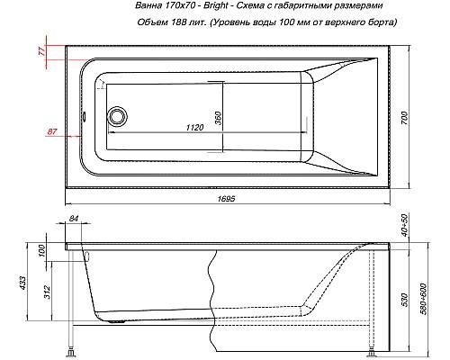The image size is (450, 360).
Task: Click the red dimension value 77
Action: pos(42,50)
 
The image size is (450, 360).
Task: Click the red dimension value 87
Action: pos(52,131)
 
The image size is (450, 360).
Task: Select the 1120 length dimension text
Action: pos(194,128)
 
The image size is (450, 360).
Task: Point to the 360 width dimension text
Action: pos(218,118)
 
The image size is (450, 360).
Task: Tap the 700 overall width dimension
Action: pos(404,118)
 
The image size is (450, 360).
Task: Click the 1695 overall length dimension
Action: pos(227,199)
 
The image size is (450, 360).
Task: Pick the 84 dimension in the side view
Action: pos(74,219)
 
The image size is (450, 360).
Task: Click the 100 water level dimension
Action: pos(41,250)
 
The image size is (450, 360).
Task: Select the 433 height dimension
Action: pos(22,283)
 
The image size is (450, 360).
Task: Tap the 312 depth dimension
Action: pos(47,292)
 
